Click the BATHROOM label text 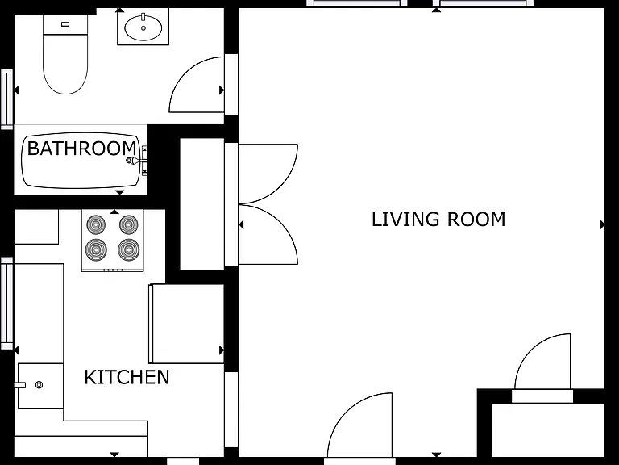point(82,149)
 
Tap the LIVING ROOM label point(438,220)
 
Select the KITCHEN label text point(127,377)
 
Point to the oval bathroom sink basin point(143,27)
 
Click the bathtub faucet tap point(134,160)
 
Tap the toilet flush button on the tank point(65,24)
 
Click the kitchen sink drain point(39,385)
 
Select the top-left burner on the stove point(96,225)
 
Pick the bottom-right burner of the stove point(128,250)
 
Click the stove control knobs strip point(113,270)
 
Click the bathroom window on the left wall point(7,98)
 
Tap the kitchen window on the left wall point(7,304)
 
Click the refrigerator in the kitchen point(186,324)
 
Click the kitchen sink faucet point(19,385)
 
